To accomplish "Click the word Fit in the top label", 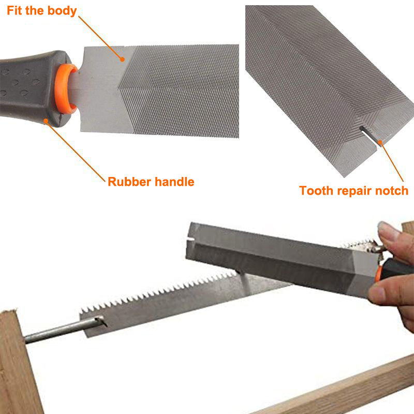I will click(x=15, y=10).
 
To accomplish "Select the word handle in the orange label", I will click(x=174, y=182).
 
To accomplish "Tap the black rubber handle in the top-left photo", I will click(x=26, y=88).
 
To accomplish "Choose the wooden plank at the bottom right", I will click(x=352, y=388).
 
